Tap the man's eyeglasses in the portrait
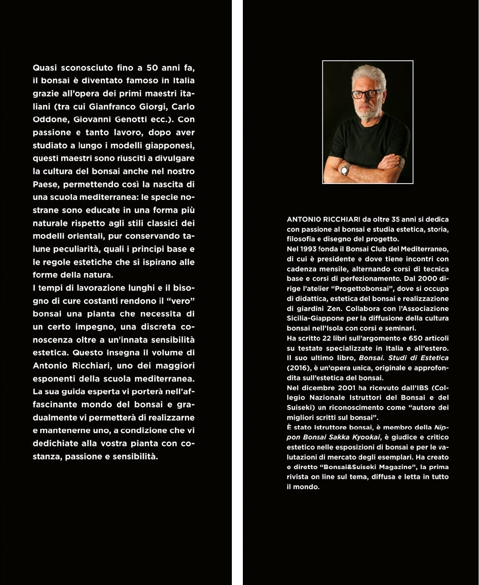[x=366, y=94]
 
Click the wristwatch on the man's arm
[x=345, y=169]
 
